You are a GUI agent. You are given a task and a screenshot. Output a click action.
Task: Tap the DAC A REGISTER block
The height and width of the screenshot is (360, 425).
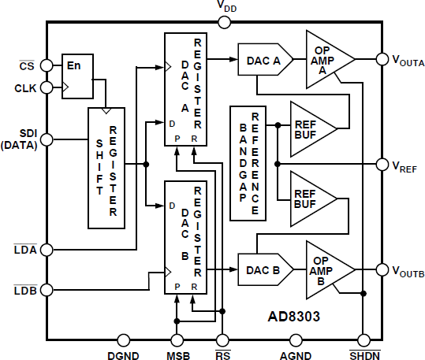click(185, 89)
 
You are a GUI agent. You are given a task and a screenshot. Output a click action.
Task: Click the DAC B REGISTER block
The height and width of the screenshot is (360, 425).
click(185, 236)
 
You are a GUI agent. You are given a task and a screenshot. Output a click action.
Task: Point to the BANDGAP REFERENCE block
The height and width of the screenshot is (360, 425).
click(247, 161)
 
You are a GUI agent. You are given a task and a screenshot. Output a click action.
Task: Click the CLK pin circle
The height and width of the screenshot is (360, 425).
click(47, 87)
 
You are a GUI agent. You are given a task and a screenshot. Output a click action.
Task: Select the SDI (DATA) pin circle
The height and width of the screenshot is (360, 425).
click(47, 139)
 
